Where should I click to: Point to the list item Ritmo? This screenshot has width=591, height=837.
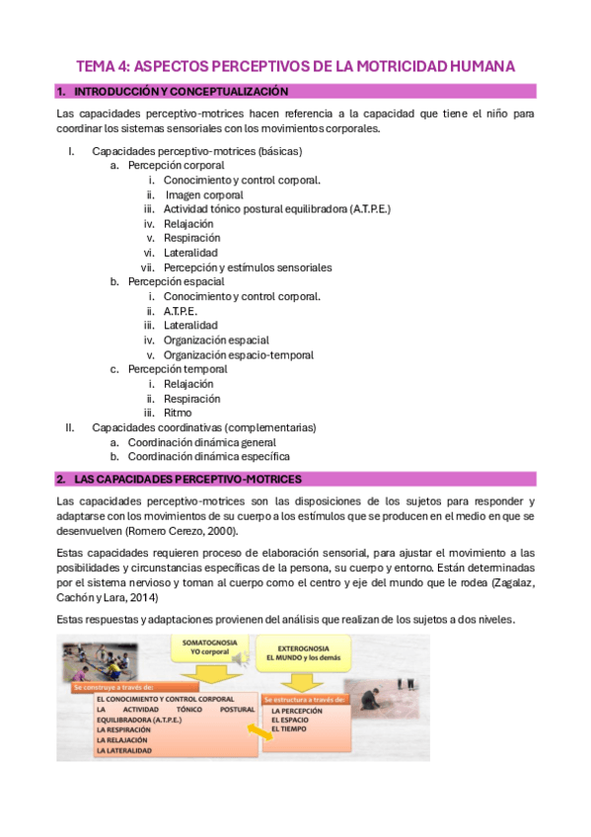coord(179,413)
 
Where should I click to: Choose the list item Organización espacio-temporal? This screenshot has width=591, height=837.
coord(238,355)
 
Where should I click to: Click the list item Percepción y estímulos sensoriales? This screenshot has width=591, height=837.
coord(247,267)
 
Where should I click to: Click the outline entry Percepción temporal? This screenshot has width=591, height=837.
coord(178,369)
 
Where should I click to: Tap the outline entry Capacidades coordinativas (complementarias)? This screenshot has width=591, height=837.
coord(203,427)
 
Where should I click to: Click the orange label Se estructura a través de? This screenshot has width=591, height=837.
coord(304,699)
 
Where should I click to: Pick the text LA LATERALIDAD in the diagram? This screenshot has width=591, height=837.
coord(123,751)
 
